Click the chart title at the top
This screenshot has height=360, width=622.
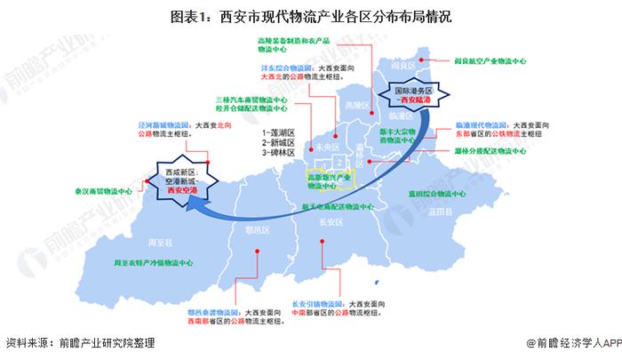(x=311, y=17)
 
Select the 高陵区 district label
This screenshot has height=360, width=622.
(x=356, y=105)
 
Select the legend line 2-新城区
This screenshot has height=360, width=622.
(x=278, y=141)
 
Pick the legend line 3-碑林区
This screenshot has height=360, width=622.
(x=278, y=152)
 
